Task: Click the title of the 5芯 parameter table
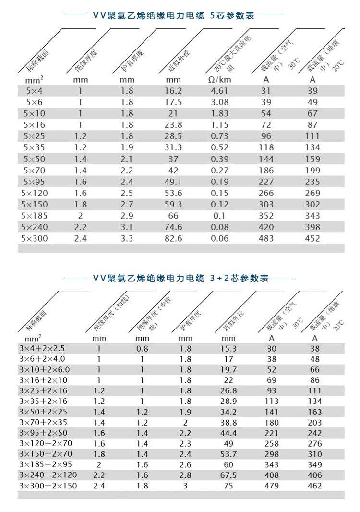(173, 16)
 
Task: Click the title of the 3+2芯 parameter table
(180, 279)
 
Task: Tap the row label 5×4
(34, 91)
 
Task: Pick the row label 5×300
(36, 238)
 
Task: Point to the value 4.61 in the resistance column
(219, 91)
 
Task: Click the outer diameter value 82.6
(173, 238)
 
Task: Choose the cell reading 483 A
(266, 238)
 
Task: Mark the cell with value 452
(312, 238)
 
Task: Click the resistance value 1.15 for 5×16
(219, 125)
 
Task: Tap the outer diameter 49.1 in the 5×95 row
(173, 182)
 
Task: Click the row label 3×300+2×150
(48, 486)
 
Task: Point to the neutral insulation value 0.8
(142, 349)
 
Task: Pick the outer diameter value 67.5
(228, 475)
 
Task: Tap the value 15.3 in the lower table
(228, 349)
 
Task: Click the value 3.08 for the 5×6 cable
(219, 102)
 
